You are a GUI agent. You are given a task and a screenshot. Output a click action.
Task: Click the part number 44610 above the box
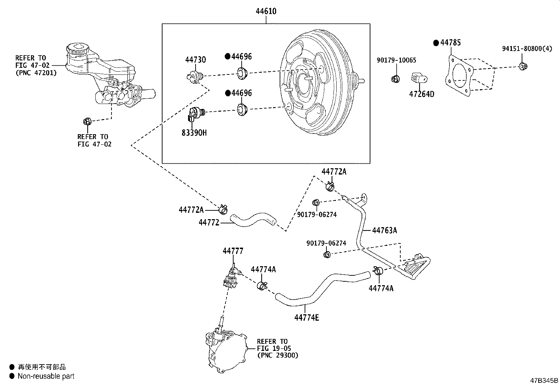click(266, 11)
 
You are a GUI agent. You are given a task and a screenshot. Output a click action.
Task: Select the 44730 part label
click(196, 60)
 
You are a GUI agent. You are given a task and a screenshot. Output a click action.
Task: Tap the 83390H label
click(194, 132)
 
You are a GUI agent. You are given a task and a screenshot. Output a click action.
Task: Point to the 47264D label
click(422, 94)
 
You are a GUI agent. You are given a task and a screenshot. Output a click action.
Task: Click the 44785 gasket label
click(451, 43)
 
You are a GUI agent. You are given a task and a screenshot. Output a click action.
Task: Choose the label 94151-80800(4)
click(527, 48)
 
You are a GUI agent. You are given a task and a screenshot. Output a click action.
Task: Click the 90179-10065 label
click(396, 60)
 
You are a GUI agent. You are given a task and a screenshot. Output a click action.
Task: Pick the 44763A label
click(384, 230)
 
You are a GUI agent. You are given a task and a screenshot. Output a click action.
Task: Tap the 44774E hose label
click(307, 318)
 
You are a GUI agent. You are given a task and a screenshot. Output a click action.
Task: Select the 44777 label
click(233, 251)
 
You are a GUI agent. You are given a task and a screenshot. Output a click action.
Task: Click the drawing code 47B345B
click(544, 380)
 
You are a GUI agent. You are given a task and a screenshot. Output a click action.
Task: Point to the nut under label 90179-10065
click(395, 79)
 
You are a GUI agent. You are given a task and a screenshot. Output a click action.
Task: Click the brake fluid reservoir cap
click(77, 49)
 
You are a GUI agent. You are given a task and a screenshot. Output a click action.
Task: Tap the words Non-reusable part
click(46, 376)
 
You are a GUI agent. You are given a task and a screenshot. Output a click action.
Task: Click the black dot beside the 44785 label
click(436, 43)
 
